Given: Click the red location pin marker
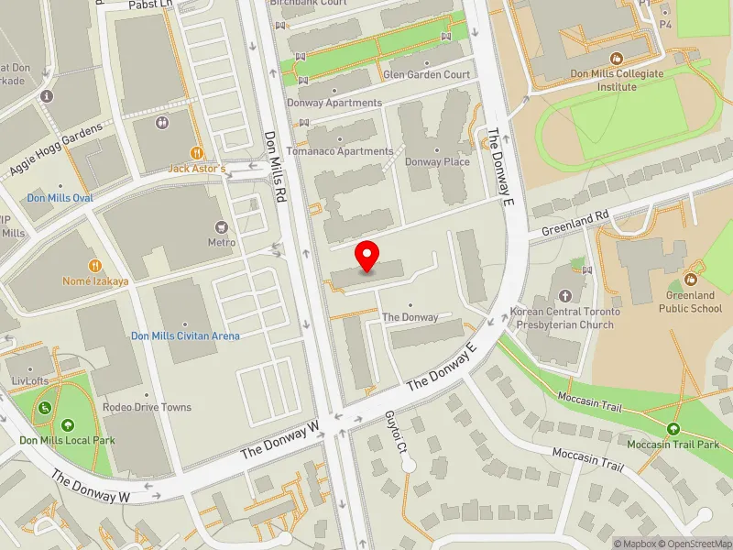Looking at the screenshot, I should [367, 256].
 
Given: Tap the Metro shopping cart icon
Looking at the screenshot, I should [221, 225].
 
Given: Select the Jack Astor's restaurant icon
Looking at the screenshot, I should [196, 153].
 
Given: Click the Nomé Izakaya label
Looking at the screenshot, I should [95, 281].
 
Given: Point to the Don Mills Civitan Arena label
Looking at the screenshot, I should [185, 336].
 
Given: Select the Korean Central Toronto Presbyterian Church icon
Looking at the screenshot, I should [564, 295].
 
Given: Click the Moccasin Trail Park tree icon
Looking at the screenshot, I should [673, 428].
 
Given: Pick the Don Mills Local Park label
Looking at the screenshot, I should [68, 440].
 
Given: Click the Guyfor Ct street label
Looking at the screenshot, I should [396, 434].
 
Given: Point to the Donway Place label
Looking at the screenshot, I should [437, 162].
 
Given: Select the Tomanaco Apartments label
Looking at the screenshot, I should [340, 151].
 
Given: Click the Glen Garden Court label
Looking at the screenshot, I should [427, 74].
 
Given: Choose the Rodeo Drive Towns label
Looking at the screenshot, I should [148, 407].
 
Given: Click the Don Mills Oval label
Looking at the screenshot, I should [60, 198].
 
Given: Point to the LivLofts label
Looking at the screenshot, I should [30, 379].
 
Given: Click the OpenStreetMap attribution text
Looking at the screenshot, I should [694, 544].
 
